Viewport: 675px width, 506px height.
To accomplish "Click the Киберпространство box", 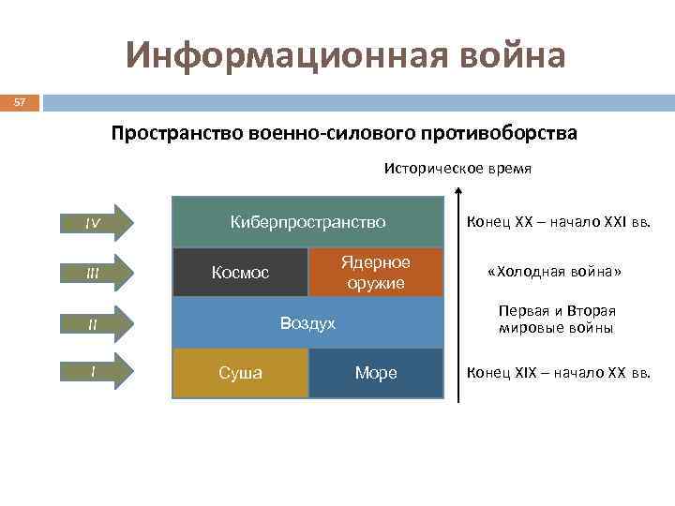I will point(307,222).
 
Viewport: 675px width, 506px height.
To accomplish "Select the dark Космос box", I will point(240,273).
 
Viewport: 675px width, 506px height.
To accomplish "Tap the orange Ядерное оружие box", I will point(375,272).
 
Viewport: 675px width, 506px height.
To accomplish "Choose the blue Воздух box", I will point(307,323).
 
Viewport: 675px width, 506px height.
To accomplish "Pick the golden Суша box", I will point(240,373).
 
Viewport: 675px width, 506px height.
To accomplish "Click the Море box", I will point(375,373).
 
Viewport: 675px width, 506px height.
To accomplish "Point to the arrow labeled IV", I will point(95,223).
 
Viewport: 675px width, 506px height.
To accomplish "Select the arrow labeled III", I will point(95,273).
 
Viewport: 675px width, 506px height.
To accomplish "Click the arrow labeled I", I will point(95,371).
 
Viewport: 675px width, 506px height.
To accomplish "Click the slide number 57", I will point(19,100).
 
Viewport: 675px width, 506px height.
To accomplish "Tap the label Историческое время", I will point(457,170).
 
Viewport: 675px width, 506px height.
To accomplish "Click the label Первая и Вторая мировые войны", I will point(557,320).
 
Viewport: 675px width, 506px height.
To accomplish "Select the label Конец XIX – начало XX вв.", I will point(558,373).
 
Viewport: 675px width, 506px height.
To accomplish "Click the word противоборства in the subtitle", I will point(496,133).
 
